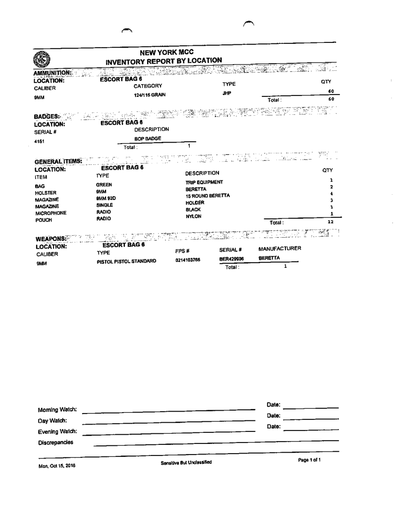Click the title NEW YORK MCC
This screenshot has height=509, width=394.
(166, 52)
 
